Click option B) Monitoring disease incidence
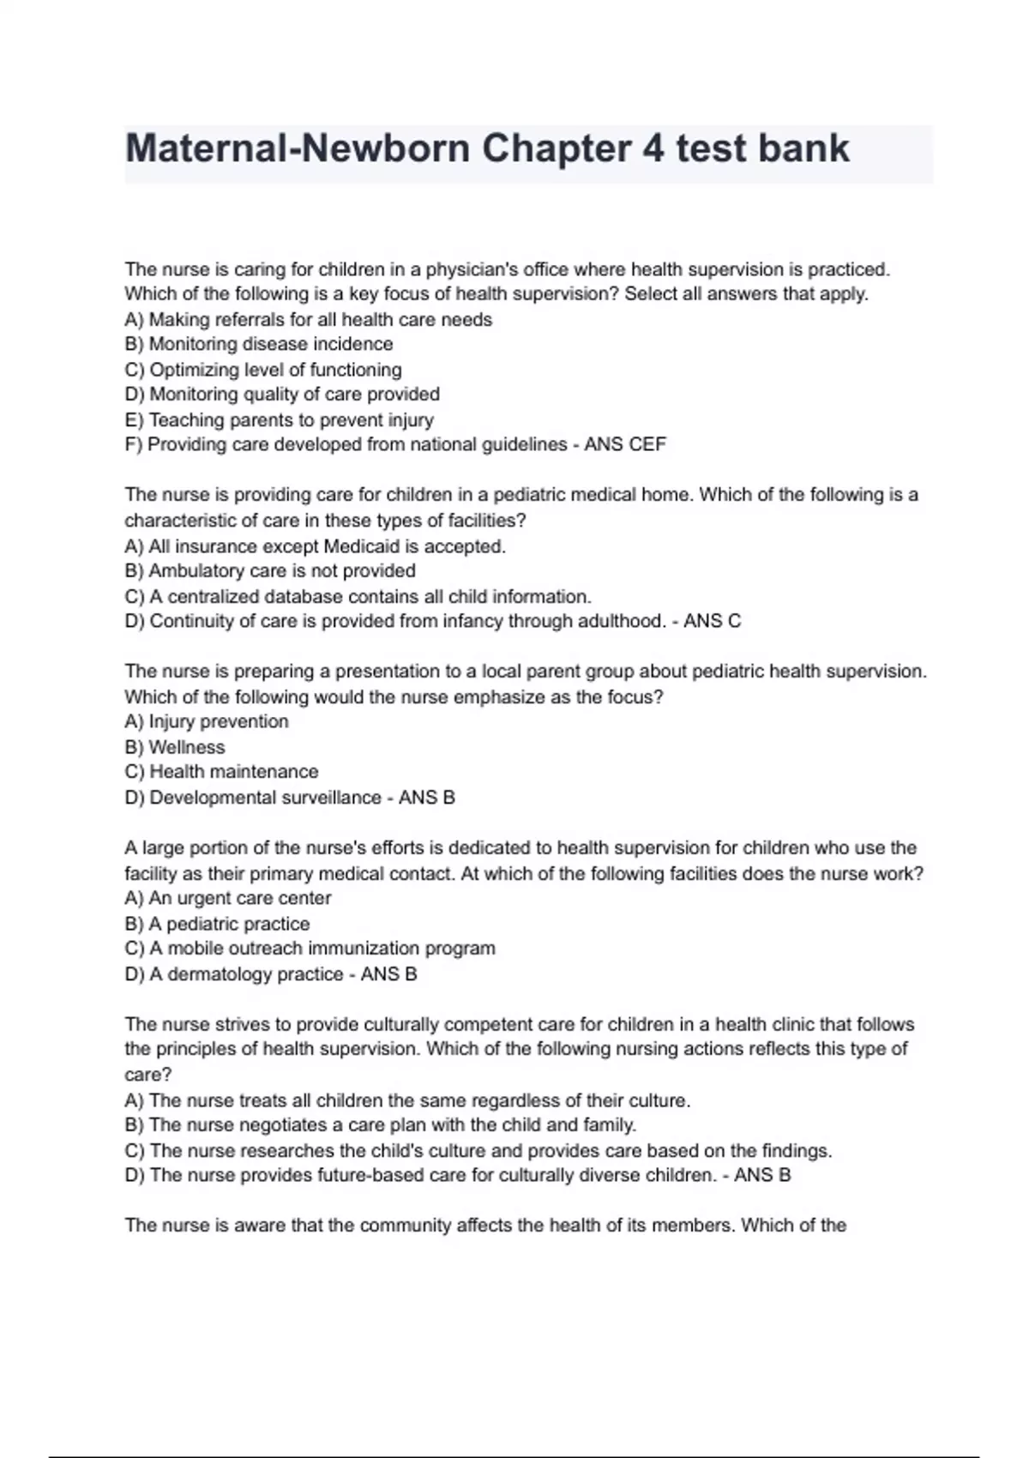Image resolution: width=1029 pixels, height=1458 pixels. coord(259,344)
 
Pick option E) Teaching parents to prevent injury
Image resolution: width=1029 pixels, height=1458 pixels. coord(279,420)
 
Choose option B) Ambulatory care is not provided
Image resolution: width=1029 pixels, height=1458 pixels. coord(270,571)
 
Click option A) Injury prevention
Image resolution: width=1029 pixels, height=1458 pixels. coord(207,721)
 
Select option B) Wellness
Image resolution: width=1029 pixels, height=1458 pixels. coord(175,747)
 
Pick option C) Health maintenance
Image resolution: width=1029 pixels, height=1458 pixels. coord(221,772)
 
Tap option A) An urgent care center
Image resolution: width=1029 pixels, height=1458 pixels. coord(228,898)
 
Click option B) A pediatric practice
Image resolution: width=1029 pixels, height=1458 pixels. coord(217,924)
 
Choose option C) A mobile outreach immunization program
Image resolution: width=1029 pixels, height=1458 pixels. coord(310,949)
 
